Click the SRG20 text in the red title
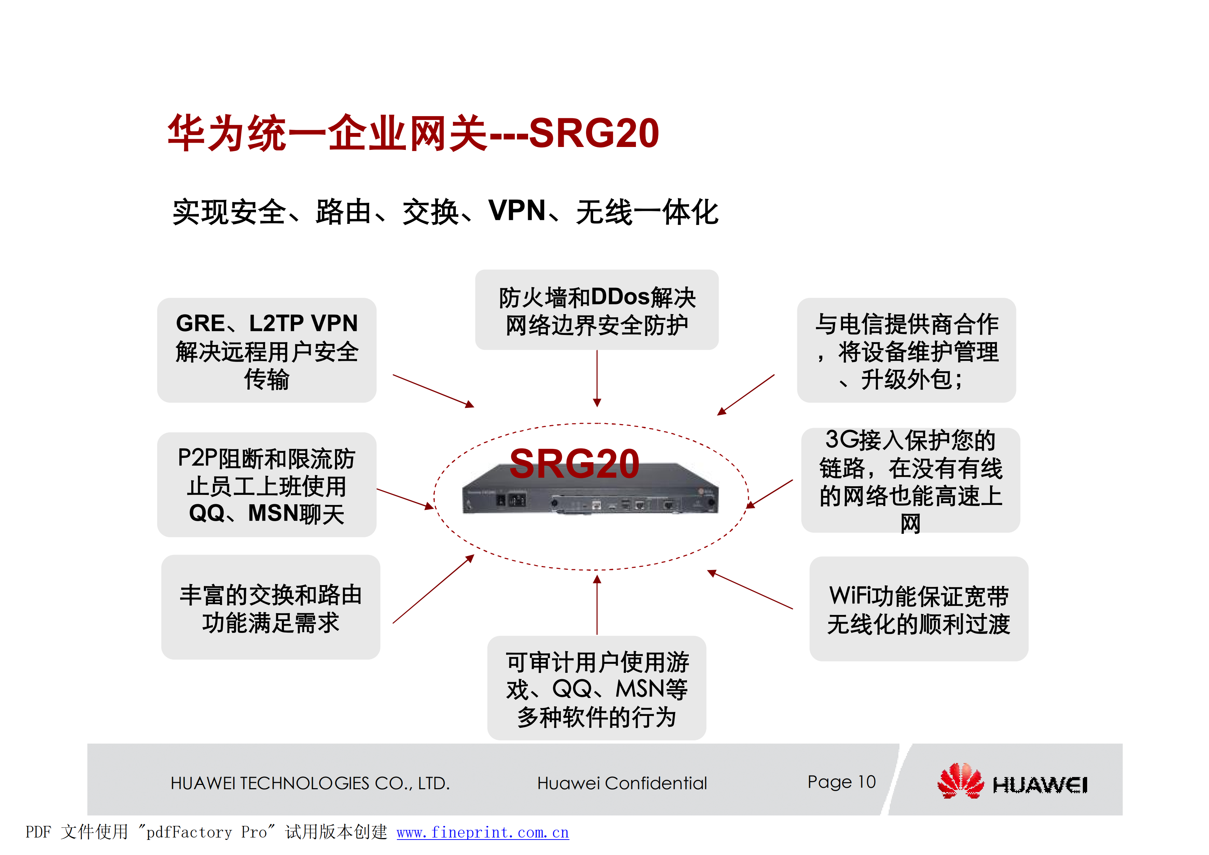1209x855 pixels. click(x=594, y=133)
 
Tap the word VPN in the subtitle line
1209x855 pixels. click(x=517, y=211)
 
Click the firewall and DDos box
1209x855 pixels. click(x=597, y=311)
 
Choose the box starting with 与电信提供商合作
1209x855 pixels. click(x=906, y=351)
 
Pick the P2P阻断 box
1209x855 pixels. click(x=266, y=485)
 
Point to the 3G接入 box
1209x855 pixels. click(x=911, y=480)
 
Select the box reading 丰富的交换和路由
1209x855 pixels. click(x=271, y=607)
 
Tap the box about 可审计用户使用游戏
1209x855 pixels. click(x=597, y=688)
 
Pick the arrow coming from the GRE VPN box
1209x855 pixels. click(x=433, y=391)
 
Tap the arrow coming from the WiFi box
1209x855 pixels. click(x=750, y=590)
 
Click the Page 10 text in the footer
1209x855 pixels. click(x=841, y=782)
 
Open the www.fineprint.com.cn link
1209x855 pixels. click(x=482, y=832)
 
